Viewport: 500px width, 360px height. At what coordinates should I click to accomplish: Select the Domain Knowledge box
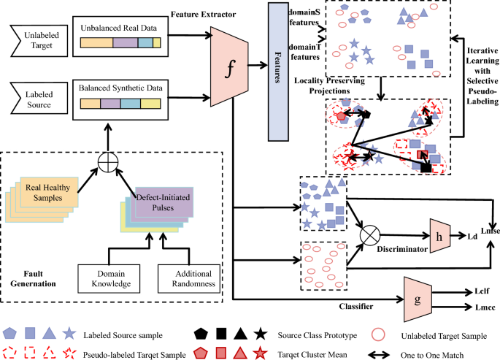click(109, 276)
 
